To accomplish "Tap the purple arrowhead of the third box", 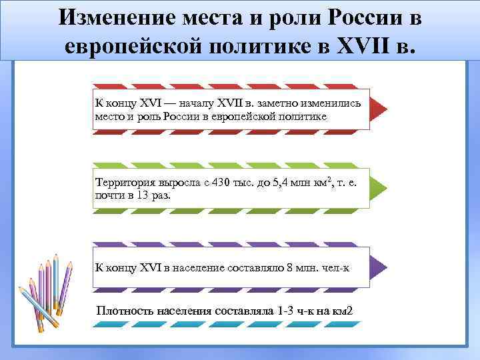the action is pos(377,267).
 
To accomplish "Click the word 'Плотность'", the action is pos(125,311).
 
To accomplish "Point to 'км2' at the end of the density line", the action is pos(341,311).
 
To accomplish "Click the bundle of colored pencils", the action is pos(46,293).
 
